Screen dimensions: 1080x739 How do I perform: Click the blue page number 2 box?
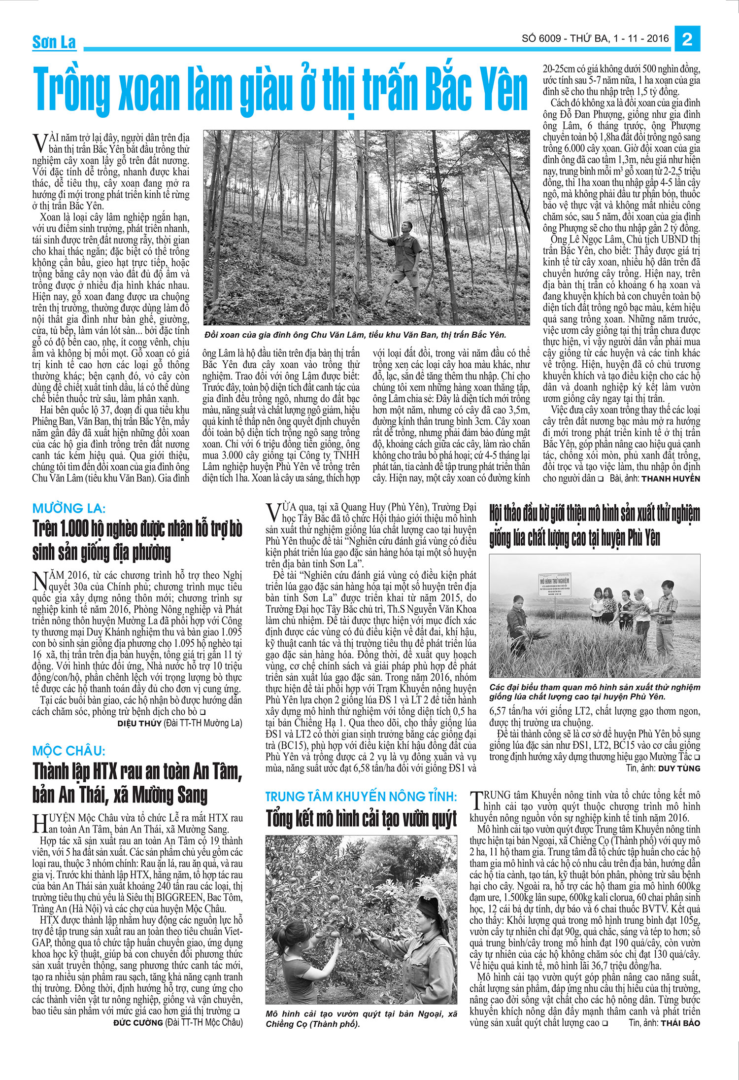tap(687, 38)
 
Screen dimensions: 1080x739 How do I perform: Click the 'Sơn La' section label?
tap(54, 42)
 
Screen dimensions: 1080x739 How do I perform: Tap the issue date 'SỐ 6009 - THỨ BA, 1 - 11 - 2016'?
tap(595, 38)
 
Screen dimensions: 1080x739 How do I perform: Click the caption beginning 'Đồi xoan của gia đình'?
tap(355, 335)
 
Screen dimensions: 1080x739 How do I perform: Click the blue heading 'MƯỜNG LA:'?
tap(69, 508)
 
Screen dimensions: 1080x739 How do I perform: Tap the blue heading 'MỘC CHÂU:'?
tap(69, 751)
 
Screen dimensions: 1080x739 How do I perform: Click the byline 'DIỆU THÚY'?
tap(139, 723)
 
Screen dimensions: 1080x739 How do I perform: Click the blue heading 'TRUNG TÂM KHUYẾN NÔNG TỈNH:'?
tap(361, 796)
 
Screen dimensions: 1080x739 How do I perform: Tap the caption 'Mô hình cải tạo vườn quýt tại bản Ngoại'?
tap(361, 1018)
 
